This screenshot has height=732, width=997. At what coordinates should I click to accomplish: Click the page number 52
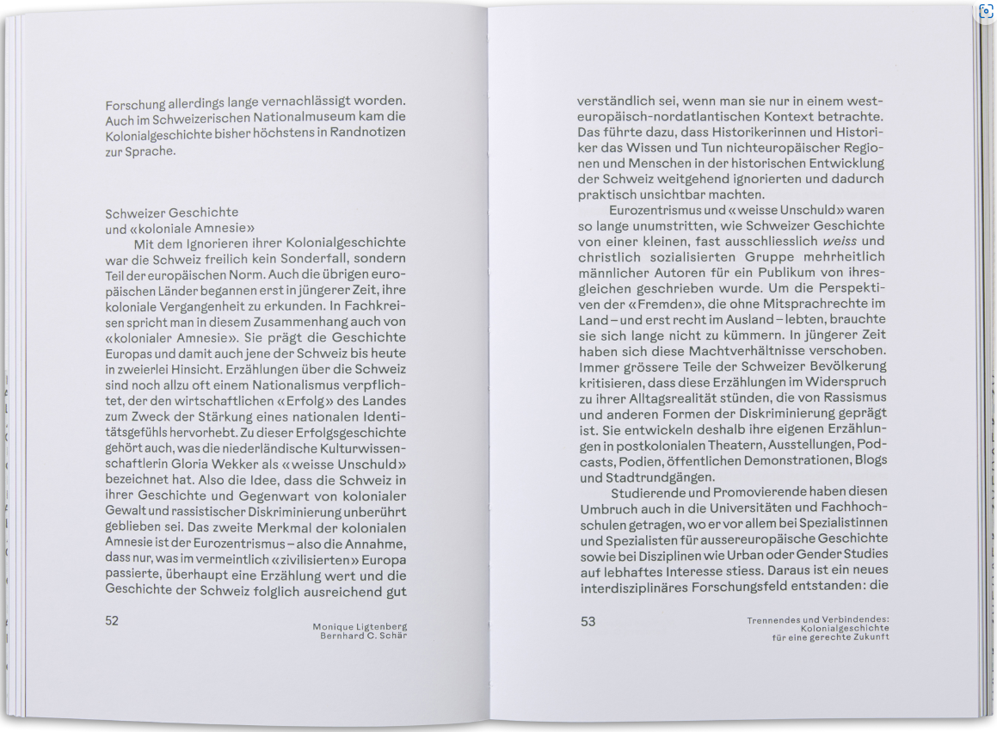pyautogui.click(x=112, y=621)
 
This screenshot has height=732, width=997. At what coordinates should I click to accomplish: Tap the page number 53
pyautogui.click(x=588, y=621)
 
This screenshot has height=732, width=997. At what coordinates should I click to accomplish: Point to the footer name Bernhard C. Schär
pyautogui.click(x=363, y=636)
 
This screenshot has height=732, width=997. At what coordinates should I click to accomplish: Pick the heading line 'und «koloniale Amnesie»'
pyautogui.click(x=180, y=228)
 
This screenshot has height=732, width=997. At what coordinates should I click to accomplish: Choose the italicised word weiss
pyautogui.click(x=839, y=241)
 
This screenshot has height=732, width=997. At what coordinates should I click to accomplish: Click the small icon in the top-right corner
pyautogui.click(x=987, y=11)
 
